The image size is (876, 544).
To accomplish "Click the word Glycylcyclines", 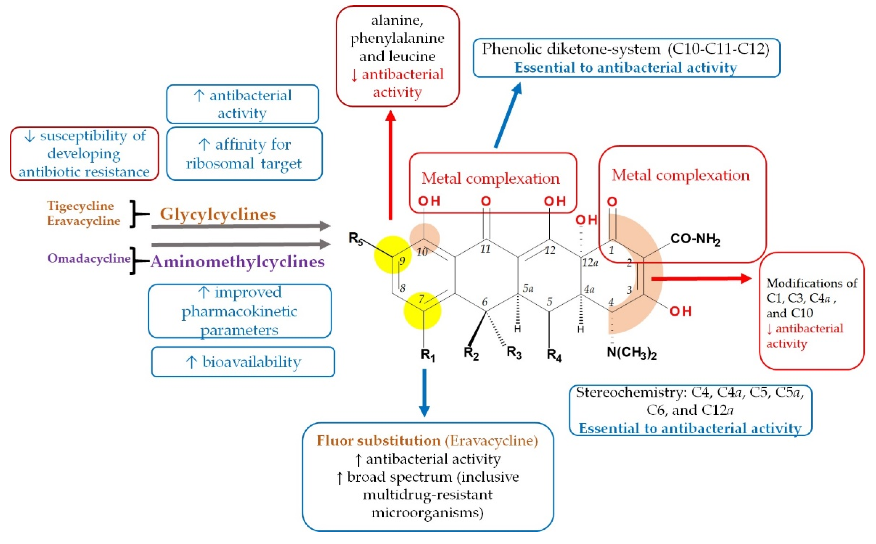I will (218, 214).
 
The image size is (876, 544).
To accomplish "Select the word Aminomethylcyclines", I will (238, 261).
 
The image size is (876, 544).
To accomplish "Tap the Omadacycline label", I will (89, 258).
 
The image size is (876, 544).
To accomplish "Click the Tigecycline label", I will (80, 206).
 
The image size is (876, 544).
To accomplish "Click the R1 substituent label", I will (428, 355).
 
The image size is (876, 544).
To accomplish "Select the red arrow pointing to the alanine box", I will (391, 166).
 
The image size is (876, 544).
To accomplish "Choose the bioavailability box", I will (243, 362).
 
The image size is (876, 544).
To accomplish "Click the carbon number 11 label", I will (485, 249).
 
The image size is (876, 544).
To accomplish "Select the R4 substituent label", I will (554, 355).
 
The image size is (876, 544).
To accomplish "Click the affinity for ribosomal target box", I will (244, 154).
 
